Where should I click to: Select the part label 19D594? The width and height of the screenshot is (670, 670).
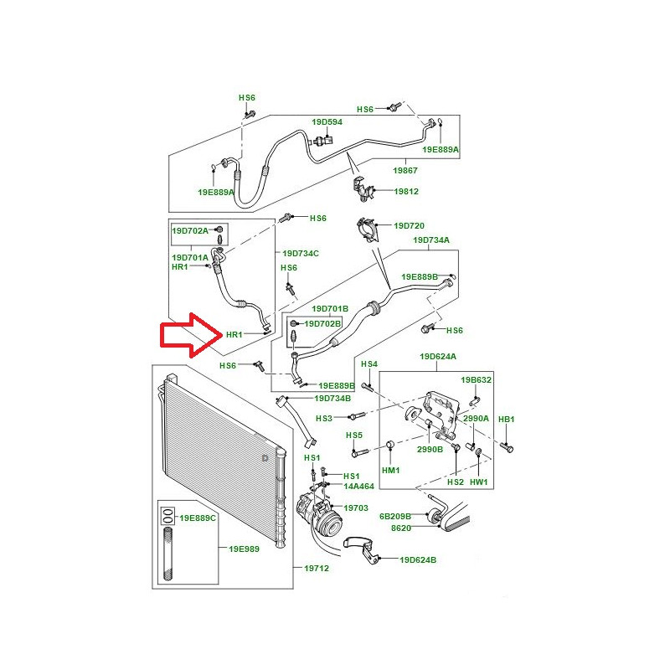[x=327, y=122]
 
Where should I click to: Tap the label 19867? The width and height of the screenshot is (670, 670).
[x=405, y=171]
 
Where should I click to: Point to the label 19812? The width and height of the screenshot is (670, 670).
[x=406, y=192]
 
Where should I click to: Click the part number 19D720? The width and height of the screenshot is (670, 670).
[x=409, y=225]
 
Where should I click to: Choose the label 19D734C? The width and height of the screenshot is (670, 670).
[x=301, y=254]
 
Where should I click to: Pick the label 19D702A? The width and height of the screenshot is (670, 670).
[x=190, y=231]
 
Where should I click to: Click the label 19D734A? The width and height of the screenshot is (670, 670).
[x=431, y=240]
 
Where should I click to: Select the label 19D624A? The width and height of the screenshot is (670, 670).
[x=438, y=357]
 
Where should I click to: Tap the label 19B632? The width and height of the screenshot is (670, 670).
[x=476, y=380]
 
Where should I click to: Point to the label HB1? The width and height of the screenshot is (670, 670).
[x=507, y=420]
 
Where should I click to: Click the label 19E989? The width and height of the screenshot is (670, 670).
[x=244, y=549]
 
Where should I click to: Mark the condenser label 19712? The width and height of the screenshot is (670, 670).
[x=317, y=569]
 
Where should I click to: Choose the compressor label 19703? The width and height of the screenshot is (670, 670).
[x=355, y=508]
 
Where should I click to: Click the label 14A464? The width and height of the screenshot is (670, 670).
[x=359, y=487]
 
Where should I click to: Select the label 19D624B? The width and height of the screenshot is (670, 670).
[x=418, y=559]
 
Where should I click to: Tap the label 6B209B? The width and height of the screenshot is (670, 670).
[x=395, y=516]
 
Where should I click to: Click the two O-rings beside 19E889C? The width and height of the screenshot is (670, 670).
[x=168, y=516]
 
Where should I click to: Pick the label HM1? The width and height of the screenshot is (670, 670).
[x=390, y=471]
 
